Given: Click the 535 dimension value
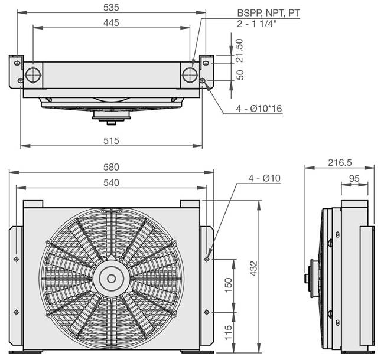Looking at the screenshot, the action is [111, 8].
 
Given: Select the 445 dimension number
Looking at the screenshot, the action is [111, 23].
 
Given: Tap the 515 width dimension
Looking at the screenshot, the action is [111, 141].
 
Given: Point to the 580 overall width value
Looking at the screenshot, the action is [111, 167].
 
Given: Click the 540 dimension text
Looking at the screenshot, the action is [111, 183].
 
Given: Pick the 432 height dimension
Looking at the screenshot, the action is [254, 269].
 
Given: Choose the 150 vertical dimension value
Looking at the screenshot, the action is [228, 285].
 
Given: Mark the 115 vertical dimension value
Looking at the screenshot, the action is [228, 332].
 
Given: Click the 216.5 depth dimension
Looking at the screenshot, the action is [340, 163].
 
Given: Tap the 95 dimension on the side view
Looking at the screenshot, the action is [354, 179].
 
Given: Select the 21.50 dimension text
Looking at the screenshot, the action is [240, 50].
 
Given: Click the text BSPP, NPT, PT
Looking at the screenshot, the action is [268, 13].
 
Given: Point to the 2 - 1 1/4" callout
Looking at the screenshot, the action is [257, 24].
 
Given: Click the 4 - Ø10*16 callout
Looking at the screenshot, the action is [259, 109].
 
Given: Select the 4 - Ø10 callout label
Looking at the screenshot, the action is [265, 178].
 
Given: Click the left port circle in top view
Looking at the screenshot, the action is [33, 75].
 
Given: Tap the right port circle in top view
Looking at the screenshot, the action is [190, 75].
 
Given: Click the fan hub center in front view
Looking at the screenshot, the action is [112, 279].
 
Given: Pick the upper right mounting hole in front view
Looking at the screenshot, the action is [207, 259].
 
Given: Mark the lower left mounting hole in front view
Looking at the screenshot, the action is [17, 312].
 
